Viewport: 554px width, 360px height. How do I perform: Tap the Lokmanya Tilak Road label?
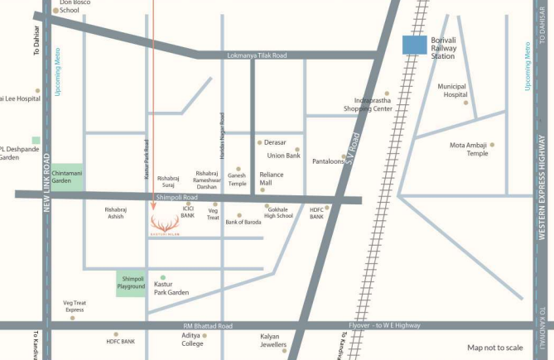tap(256, 55)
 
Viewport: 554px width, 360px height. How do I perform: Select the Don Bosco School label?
tap(75, 7)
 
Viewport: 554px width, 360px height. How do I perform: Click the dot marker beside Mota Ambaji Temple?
tap(492, 145)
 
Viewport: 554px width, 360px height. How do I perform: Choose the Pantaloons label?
tap(328, 161)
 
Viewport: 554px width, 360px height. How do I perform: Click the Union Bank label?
tap(283, 155)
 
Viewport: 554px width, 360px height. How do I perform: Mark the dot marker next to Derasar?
tap(259, 142)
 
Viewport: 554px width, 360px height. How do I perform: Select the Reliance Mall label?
tap(272, 178)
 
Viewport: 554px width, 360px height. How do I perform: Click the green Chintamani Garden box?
tap(67, 176)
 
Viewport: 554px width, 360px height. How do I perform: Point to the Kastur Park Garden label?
tap(172, 288)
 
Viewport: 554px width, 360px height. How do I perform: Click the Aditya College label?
tap(192, 339)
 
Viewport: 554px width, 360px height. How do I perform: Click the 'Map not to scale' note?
tap(495, 348)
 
